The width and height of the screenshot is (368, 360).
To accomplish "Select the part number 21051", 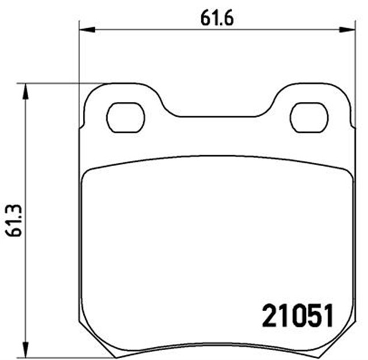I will [x=298, y=316].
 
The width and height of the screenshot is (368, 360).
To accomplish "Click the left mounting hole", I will [x=125, y=117].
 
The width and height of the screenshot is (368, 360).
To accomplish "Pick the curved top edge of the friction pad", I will [x=217, y=155].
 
